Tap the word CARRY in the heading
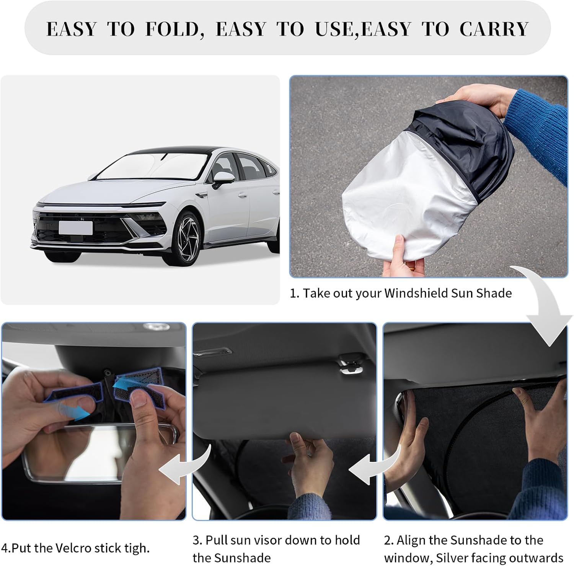click(x=494, y=29)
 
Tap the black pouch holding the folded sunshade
click(x=465, y=146)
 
